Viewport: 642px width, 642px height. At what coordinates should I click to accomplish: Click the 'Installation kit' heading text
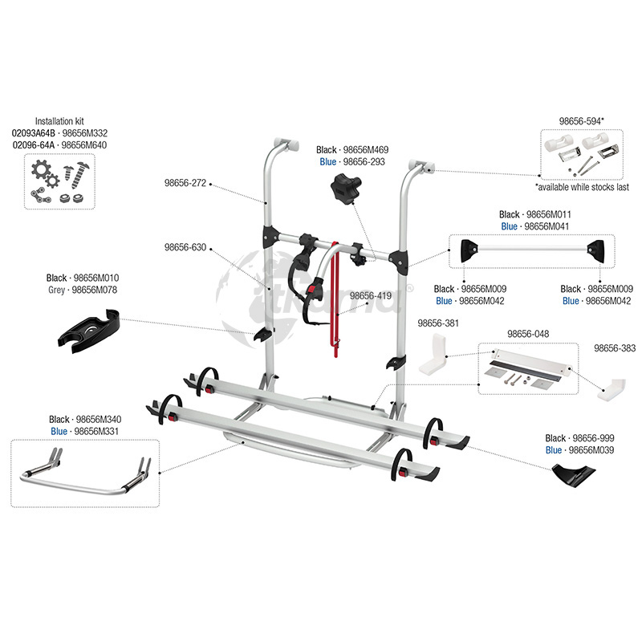click(x=59, y=121)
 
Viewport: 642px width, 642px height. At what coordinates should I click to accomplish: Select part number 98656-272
click(x=185, y=183)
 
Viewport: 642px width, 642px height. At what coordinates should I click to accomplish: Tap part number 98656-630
click(x=185, y=247)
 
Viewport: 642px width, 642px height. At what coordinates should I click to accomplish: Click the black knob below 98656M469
click(x=345, y=188)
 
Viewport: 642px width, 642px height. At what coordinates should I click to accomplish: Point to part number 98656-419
click(x=371, y=295)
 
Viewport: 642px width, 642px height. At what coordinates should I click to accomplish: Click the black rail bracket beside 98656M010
click(x=88, y=331)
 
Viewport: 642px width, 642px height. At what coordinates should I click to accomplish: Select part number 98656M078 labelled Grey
click(x=94, y=290)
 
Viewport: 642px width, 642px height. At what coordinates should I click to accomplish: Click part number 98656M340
click(x=99, y=419)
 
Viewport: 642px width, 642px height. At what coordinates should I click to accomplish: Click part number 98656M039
click(x=591, y=450)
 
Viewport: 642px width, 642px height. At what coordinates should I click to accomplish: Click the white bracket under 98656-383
click(x=612, y=389)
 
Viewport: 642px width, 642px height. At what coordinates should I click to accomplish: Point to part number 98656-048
click(x=528, y=334)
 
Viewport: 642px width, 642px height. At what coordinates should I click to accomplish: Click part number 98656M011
click(x=549, y=214)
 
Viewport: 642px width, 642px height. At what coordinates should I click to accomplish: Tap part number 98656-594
click(x=580, y=121)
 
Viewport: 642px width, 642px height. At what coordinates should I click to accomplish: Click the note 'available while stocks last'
click(x=583, y=187)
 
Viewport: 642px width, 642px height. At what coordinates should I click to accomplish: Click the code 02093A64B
click(x=33, y=133)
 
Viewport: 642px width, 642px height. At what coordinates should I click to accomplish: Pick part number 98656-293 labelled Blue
click(x=364, y=162)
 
